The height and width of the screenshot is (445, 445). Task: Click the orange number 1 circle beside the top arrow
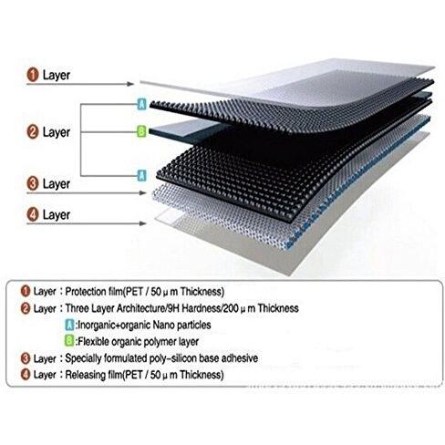click(x=33, y=75)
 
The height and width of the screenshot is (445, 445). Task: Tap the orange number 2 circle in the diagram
click(x=33, y=132)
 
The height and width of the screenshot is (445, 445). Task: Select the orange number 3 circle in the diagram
click(x=33, y=183)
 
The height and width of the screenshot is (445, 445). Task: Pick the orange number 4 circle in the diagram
click(x=33, y=214)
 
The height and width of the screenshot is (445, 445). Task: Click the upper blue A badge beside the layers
click(x=142, y=104)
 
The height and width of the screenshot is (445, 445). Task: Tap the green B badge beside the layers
click(x=141, y=131)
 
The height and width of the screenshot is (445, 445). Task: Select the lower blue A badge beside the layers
click(x=141, y=176)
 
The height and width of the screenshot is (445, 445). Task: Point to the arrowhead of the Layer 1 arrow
click(x=130, y=84)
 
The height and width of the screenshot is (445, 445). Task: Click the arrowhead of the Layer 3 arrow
click(x=142, y=192)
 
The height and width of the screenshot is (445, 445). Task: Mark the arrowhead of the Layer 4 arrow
click(x=142, y=223)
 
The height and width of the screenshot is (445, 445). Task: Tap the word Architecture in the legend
click(x=140, y=308)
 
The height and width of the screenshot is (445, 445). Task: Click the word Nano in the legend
click(x=163, y=325)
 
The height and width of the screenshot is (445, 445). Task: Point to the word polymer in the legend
click(x=160, y=342)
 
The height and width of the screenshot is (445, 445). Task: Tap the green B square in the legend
click(x=69, y=341)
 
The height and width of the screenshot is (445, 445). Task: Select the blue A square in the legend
click(x=69, y=325)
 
